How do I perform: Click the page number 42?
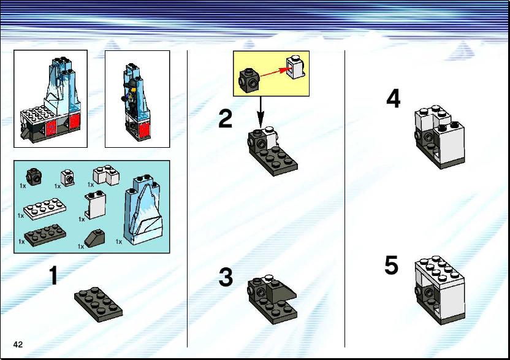tap(18, 345)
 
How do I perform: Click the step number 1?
tap(54, 275)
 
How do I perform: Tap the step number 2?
tap(226, 119)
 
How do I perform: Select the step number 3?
tap(226, 277)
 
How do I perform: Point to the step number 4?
tap(394, 99)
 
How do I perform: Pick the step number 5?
tap(391, 265)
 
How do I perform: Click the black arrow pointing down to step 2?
tap(260, 112)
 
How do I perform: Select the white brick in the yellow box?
tap(295, 67)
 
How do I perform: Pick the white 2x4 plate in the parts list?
tap(45, 209)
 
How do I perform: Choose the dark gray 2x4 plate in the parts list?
tap(45, 235)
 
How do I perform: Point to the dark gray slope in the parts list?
tap(94, 239)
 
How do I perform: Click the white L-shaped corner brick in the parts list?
tap(107, 175)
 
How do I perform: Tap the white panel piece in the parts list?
tap(95, 205)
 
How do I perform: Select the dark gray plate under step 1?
tap(99, 304)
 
